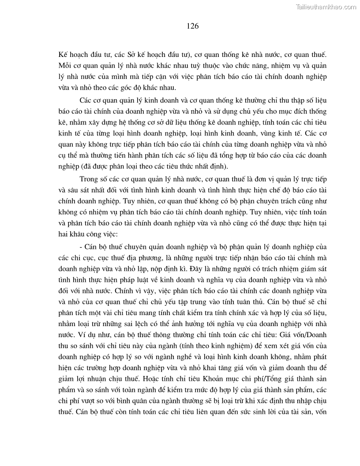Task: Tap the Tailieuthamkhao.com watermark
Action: point(325,7)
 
